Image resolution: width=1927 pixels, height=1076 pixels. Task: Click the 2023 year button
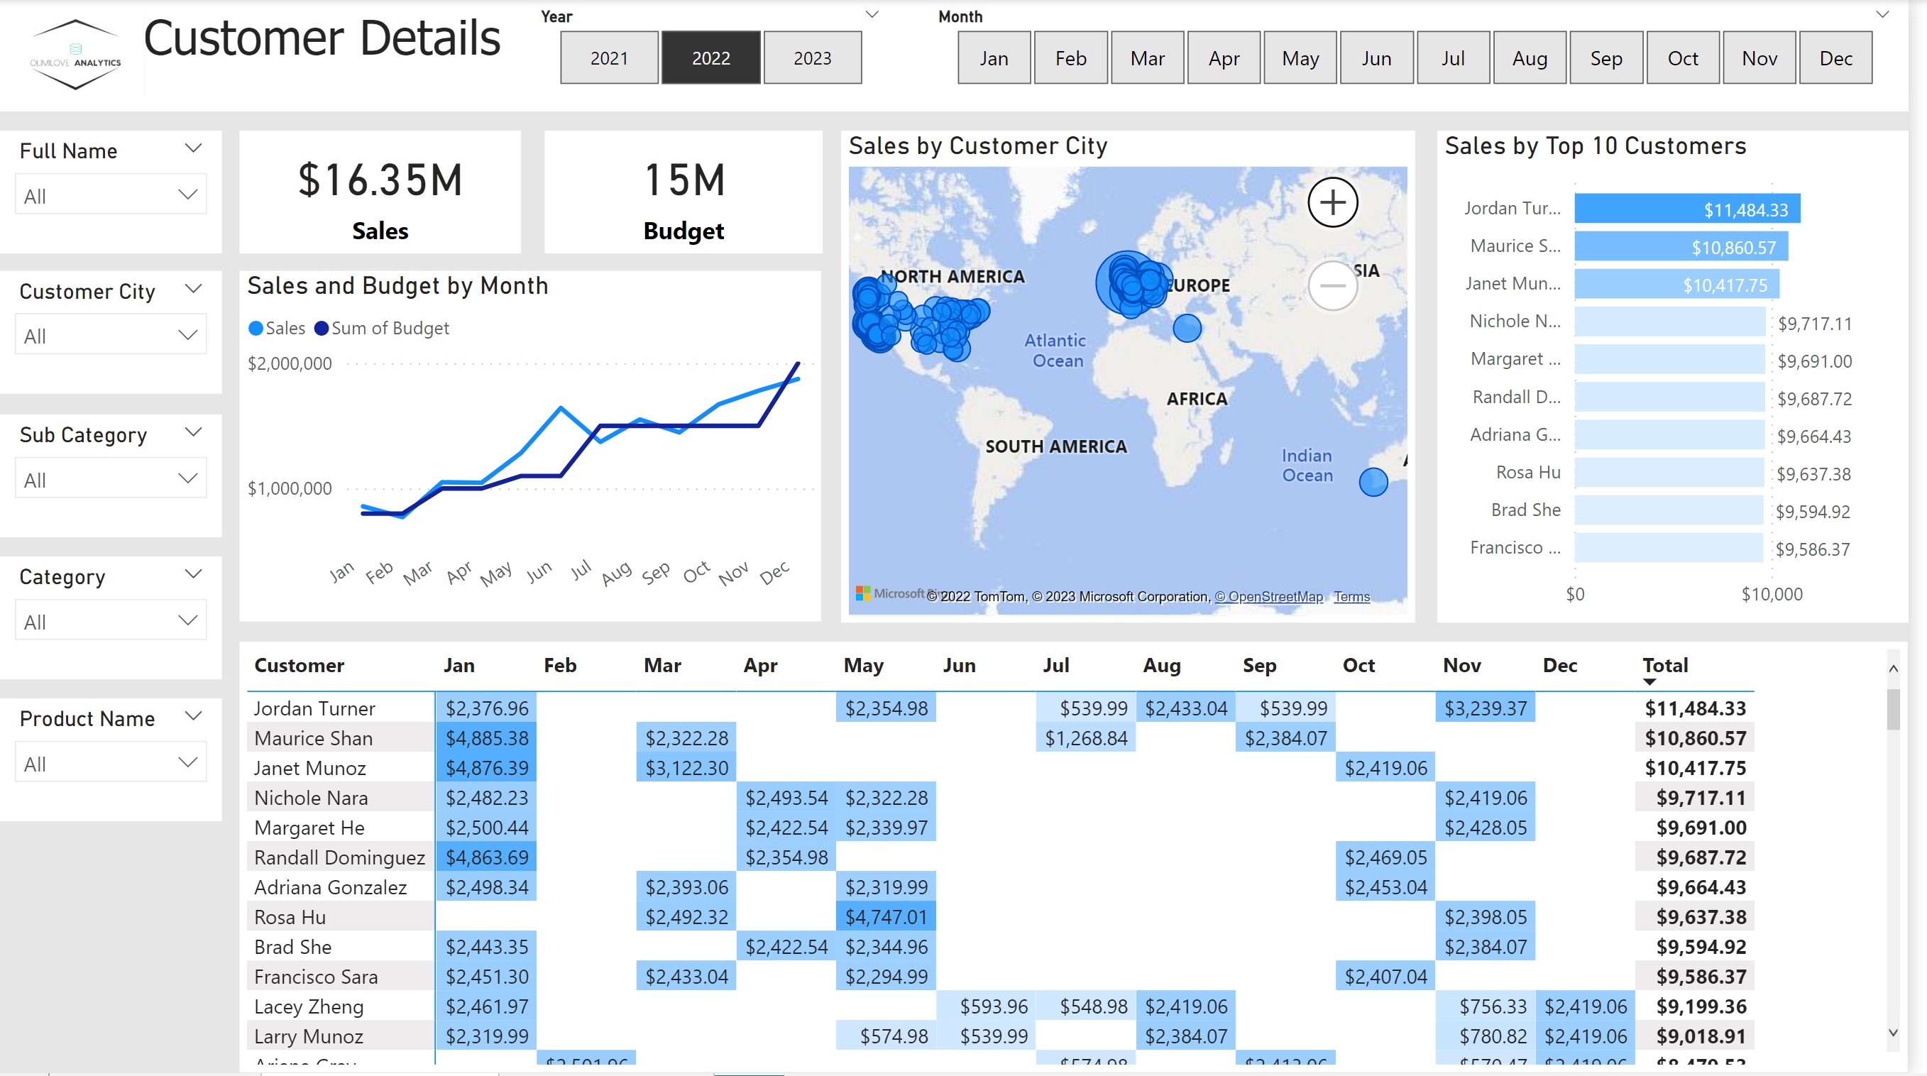(x=812, y=57)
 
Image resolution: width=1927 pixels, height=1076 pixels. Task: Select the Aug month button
(x=1529, y=57)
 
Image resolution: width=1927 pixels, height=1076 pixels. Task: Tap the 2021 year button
(x=609, y=57)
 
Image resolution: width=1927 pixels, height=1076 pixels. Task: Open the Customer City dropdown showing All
(x=110, y=336)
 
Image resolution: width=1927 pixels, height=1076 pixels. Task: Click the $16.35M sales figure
(x=380, y=181)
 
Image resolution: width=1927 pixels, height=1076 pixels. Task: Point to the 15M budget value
(x=683, y=181)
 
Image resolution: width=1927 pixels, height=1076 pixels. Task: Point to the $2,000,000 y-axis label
(x=290, y=363)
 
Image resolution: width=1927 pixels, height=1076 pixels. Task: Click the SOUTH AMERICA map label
(x=1055, y=446)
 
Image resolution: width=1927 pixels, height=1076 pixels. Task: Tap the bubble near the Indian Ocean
(x=1373, y=482)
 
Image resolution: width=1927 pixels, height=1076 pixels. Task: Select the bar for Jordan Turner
(x=1686, y=209)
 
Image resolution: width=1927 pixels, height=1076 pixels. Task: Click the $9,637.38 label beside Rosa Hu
(x=1813, y=473)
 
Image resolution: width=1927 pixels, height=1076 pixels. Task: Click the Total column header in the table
(x=1664, y=665)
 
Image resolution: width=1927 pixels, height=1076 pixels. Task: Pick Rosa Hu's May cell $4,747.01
(x=886, y=916)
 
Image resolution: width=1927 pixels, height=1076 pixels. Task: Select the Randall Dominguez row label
(x=339, y=857)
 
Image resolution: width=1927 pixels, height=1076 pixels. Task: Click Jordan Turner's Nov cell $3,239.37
(x=1485, y=708)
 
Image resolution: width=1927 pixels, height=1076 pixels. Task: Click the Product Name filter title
(x=87, y=718)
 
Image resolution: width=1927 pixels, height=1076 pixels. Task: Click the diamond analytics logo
(x=75, y=55)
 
